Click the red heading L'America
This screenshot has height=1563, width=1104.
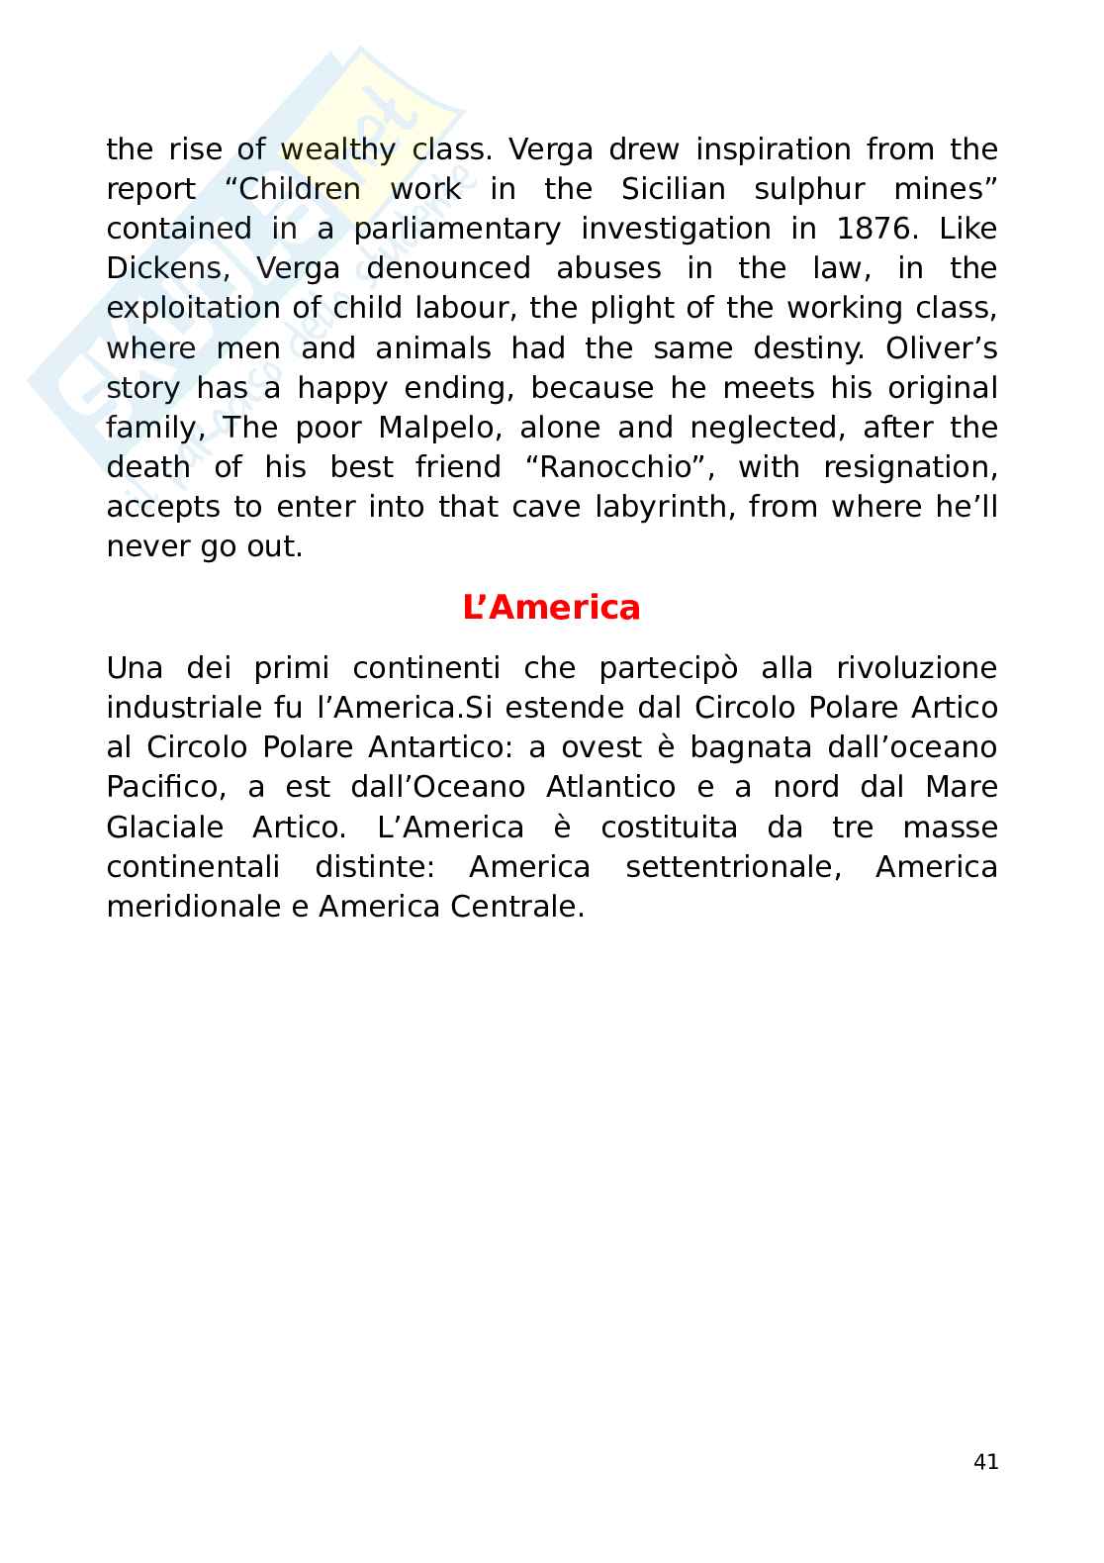point(551,607)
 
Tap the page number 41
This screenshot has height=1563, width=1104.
point(985,1462)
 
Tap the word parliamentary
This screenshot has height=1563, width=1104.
point(457,229)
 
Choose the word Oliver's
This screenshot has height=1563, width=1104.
point(941,348)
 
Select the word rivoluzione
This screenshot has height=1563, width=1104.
point(916,668)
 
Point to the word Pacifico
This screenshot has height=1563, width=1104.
point(161,787)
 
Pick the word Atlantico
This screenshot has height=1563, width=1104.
point(610,787)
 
